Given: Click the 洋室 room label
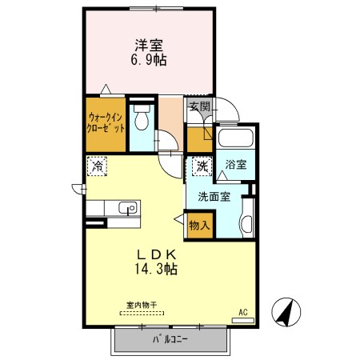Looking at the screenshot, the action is tap(149, 46).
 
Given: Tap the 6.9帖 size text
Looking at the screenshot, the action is tap(149, 60).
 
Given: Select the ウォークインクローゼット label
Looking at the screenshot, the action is tap(106, 123).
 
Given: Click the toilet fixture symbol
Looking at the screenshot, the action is tap(142, 117).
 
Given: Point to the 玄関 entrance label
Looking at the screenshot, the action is tap(200, 106).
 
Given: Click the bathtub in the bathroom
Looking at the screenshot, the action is tap(235, 138).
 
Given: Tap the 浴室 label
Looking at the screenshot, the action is tap(236, 165).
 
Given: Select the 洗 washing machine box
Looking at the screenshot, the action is tap(202, 166).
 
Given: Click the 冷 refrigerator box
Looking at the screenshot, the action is tap(97, 166).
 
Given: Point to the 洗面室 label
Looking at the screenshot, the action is tap(214, 197).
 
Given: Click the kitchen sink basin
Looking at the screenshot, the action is tap(128, 208).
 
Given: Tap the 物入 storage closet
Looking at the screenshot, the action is tap(199, 226).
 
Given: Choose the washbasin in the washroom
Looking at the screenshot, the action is tap(247, 223).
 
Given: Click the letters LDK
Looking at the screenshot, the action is tap(156, 255).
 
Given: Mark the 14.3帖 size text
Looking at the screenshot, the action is tap(156, 269).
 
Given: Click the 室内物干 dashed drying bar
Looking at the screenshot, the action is tap(142, 314).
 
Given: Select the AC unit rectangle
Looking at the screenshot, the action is tap(243, 321).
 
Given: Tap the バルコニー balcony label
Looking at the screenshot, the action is tap(170, 339).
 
